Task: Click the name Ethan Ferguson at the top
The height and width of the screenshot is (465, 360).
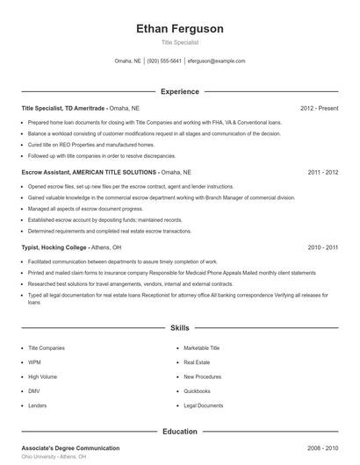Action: click(x=180, y=29)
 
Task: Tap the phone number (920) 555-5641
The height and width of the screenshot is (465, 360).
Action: click(x=164, y=61)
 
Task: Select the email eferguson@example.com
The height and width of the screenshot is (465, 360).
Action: click(x=217, y=61)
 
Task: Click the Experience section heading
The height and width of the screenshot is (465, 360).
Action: click(x=180, y=91)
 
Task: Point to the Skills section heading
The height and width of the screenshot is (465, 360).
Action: click(x=180, y=328)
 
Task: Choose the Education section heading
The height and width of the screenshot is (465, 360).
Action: click(x=180, y=432)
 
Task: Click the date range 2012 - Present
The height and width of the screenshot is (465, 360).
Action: click(x=319, y=108)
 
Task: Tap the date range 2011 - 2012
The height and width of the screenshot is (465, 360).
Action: click(x=322, y=173)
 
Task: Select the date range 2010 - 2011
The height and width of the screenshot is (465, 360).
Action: click(x=322, y=247)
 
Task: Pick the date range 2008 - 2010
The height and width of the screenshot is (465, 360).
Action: click(x=322, y=448)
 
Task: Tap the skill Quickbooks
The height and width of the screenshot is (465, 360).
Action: click(x=198, y=390)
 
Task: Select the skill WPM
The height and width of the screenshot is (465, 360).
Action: click(x=35, y=361)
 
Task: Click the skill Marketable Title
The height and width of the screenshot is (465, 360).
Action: click(x=202, y=347)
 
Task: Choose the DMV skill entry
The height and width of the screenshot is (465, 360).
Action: click(x=35, y=390)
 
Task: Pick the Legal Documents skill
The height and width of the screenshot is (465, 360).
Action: click(x=204, y=405)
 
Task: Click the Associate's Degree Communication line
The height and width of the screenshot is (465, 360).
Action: click(x=70, y=448)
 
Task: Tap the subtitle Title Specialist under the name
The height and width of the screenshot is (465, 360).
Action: click(x=180, y=42)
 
